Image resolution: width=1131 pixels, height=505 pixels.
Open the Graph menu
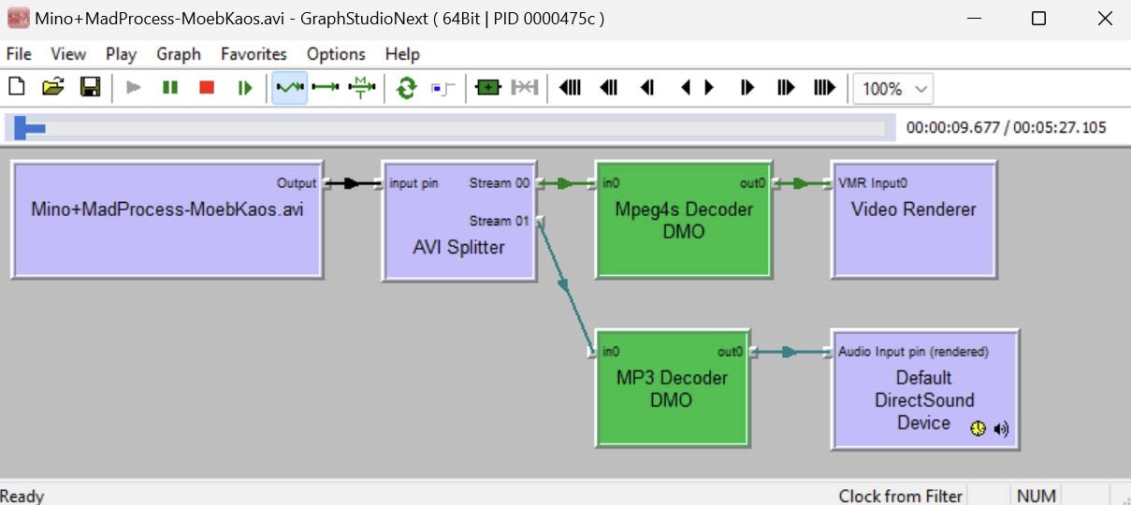click(179, 54)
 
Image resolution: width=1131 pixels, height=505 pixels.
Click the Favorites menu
click(254, 54)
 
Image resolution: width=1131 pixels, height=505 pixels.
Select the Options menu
click(336, 54)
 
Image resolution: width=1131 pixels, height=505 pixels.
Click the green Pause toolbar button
click(169, 88)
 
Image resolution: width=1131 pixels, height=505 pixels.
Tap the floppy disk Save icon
click(90, 88)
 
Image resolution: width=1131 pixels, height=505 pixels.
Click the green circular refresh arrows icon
click(406, 88)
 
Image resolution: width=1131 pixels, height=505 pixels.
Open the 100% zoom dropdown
click(893, 89)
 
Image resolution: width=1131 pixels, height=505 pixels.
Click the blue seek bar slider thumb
click(29, 128)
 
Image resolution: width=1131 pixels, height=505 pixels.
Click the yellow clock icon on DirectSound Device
click(978, 428)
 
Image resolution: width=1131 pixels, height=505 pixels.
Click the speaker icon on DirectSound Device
click(1002, 428)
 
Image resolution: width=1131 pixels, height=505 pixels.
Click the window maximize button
click(1038, 18)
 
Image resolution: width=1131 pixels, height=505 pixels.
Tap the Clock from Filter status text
click(900, 496)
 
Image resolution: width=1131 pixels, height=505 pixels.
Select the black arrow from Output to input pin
click(352, 183)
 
